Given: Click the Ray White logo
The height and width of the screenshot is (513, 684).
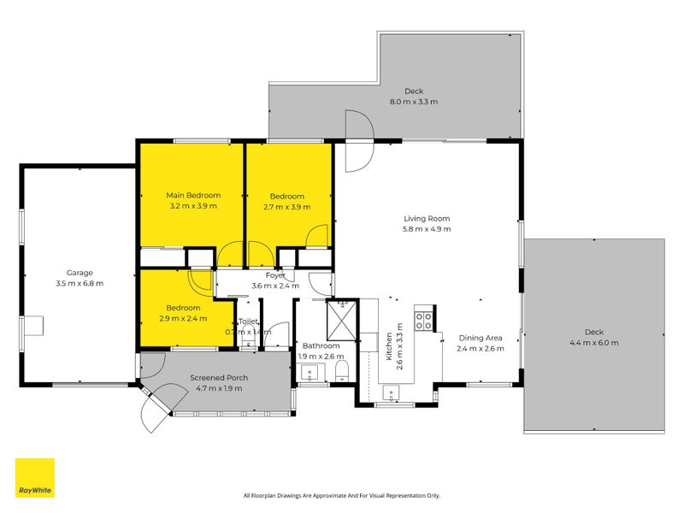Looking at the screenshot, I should [34, 478].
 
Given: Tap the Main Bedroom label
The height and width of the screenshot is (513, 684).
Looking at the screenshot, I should [193, 196].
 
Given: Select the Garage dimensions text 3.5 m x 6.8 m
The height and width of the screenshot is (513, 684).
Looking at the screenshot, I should [79, 283].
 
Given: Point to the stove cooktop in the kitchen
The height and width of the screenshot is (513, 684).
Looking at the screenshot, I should [423, 321].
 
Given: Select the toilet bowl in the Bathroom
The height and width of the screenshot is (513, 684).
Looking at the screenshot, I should [342, 370].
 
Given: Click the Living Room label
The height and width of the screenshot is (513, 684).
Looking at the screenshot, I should [427, 218].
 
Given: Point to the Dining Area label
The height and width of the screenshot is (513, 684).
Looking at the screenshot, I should [480, 338].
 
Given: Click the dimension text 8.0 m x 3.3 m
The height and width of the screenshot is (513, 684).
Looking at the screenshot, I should [414, 102].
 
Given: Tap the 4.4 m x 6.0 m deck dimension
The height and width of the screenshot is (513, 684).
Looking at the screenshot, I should [594, 342].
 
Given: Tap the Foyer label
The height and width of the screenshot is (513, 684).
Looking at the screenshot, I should [274, 275].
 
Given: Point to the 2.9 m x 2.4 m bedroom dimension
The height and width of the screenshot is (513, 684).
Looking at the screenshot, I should [184, 318].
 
